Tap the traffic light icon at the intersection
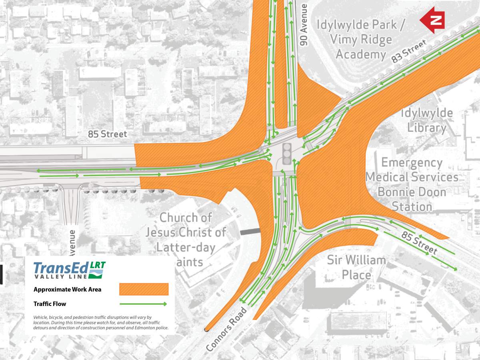287,154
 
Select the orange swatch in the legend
144,289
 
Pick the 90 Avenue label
304,25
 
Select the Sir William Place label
357,268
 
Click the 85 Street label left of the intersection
108,134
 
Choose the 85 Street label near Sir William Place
420,243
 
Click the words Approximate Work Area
67,289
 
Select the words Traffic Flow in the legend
50,304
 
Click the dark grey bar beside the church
250,231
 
